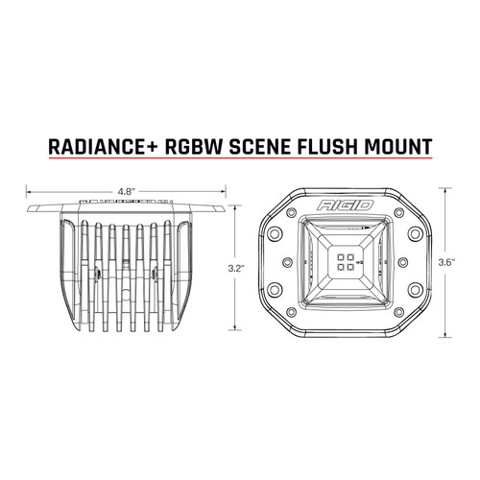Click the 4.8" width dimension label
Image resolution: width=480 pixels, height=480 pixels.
pyautogui.click(x=125, y=191)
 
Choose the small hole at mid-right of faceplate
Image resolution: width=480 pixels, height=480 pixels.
pyautogui.click(x=415, y=261)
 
